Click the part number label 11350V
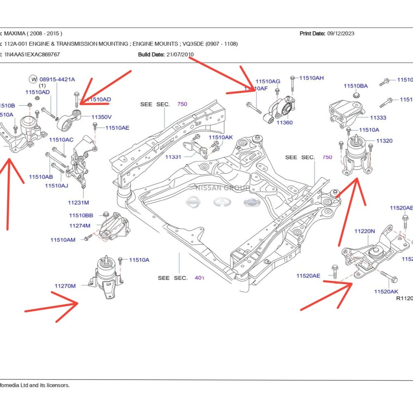click(x=102, y=117)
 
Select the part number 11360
click(x=285, y=123)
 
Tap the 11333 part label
click(x=378, y=118)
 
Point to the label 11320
click(x=384, y=141)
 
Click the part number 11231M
click(x=78, y=202)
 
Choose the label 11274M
click(x=80, y=225)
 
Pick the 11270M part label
click(x=65, y=286)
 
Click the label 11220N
click(x=365, y=231)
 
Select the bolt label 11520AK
click(x=386, y=292)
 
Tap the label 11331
click(x=173, y=157)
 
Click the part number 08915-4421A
click(x=57, y=79)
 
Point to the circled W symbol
click(x=33, y=79)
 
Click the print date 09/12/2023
click(x=340, y=33)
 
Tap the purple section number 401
click(x=199, y=278)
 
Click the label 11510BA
click(x=356, y=86)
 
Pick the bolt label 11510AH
click(x=311, y=78)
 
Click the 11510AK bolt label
click(x=221, y=137)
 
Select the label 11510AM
click(x=63, y=240)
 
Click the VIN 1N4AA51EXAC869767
click(x=32, y=54)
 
